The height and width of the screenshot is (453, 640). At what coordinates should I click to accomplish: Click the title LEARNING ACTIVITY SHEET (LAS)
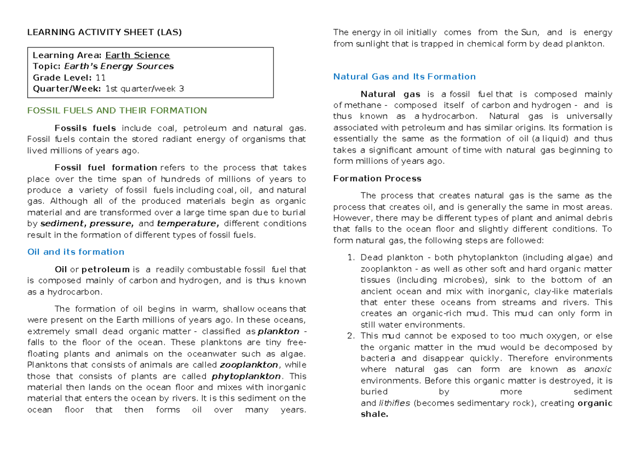point(105,32)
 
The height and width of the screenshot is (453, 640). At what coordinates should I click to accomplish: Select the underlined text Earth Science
point(138,55)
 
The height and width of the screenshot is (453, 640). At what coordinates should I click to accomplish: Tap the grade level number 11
point(100,77)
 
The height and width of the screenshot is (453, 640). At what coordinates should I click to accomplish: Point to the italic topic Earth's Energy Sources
point(119,66)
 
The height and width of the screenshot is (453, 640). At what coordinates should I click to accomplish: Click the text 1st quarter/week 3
point(145,89)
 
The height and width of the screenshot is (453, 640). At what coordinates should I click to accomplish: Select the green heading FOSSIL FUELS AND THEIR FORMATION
point(117,110)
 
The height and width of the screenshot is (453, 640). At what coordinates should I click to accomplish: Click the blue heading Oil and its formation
point(76,252)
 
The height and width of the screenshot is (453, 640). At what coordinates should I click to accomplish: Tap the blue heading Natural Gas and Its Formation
point(404,76)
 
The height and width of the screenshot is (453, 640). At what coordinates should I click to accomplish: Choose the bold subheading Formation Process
point(377,178)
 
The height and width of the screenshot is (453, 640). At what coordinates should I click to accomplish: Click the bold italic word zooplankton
point(249,365)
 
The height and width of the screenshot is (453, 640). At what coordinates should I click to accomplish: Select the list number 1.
point(350,258)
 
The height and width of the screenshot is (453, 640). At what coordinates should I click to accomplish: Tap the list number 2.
point(350,336)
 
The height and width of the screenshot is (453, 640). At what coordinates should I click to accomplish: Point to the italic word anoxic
point(598,369)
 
